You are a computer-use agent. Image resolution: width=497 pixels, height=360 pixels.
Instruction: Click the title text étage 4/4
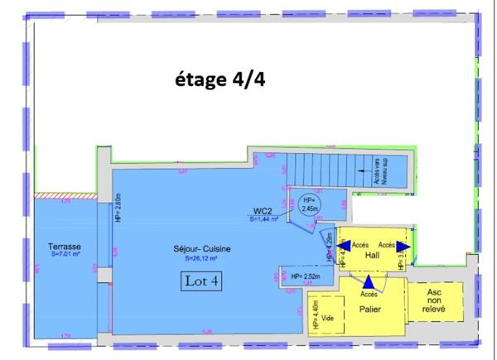[x=220, y=79]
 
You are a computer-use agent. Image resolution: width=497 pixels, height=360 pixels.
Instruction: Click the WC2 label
[x=264, y=212]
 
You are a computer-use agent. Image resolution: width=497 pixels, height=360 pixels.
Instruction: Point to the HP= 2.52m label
[x=299, y=276]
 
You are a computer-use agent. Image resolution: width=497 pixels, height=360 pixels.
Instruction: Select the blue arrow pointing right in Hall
[x=401, y=246]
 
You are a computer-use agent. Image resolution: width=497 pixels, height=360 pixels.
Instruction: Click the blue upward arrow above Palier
[x=367, y=282]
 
